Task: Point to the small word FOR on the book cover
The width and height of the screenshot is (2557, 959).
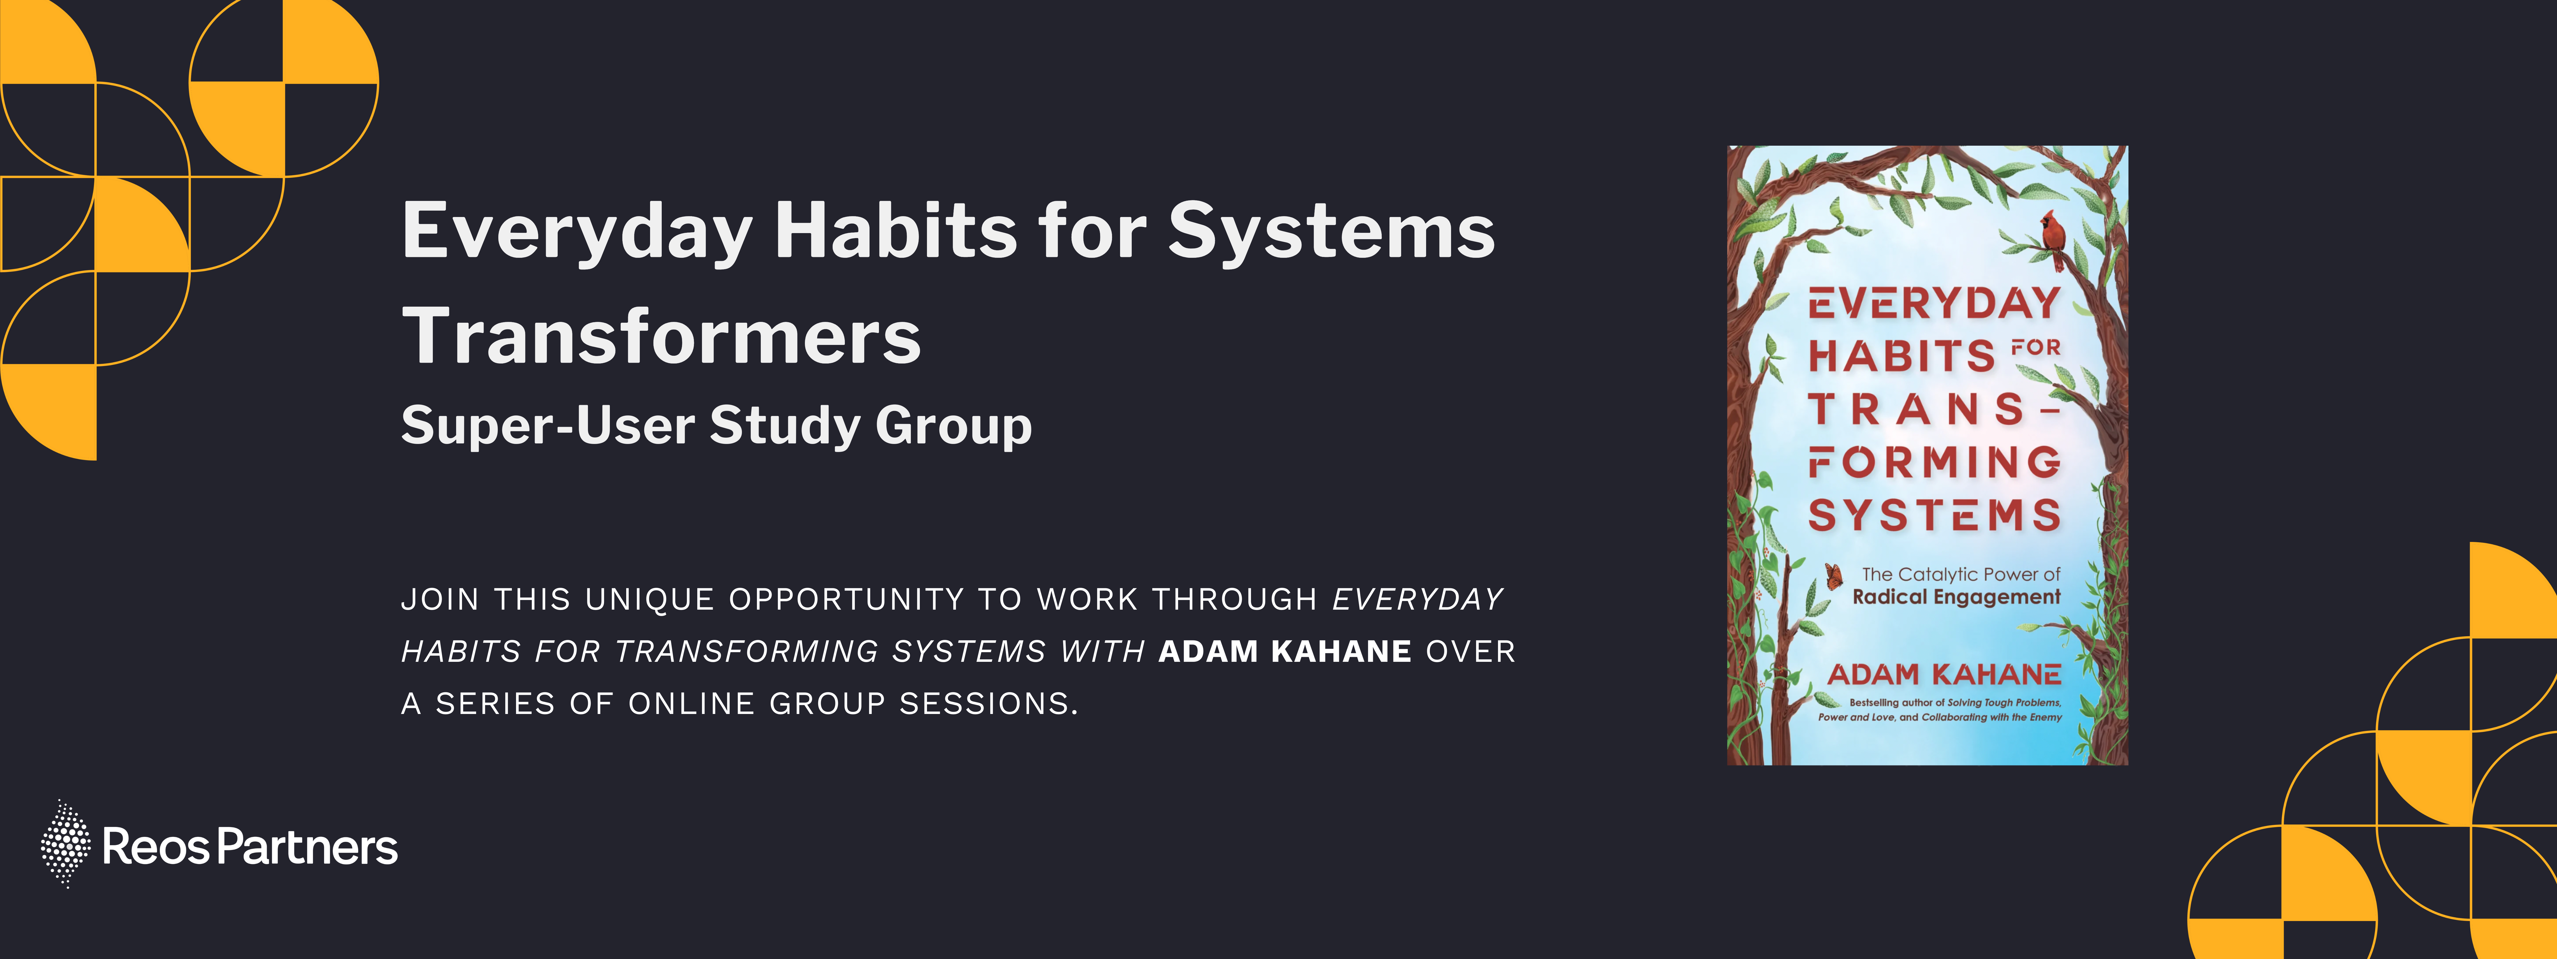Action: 2036,347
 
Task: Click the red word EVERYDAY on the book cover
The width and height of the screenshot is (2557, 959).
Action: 1935,303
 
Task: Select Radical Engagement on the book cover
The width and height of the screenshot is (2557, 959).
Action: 1957,597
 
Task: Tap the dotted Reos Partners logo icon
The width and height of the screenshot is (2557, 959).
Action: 65,844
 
